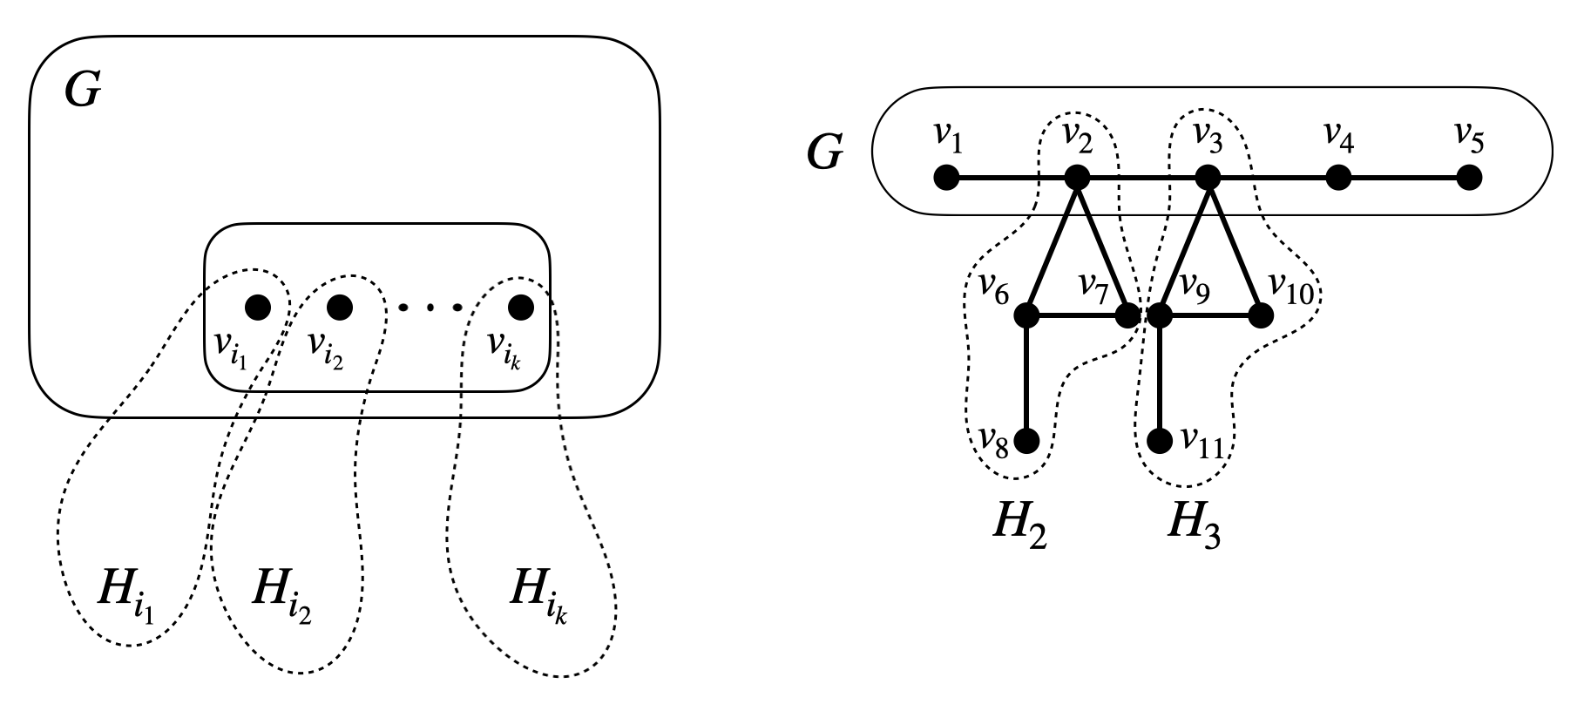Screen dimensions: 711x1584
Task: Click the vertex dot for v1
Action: point(946,179)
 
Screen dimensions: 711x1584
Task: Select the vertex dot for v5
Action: point(1469,179)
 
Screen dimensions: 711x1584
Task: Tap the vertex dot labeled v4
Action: point(1338,179)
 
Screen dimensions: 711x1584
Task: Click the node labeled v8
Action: point(1028,442)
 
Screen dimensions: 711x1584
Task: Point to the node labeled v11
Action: point(1160,442)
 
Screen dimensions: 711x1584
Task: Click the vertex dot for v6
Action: point(1028,315)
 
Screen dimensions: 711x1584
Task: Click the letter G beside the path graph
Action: point(824,154)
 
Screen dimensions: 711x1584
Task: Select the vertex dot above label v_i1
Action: point(258,307)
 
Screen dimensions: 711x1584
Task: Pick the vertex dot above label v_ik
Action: point(521,307)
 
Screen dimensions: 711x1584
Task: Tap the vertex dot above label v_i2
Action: point(339,307)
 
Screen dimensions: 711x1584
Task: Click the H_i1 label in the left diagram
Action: point(123,596)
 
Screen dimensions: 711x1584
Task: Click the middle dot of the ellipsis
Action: point(430,307)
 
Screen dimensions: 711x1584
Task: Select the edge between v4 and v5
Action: point(1404,179)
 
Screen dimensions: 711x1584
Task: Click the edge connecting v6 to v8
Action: point(1028,379)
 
